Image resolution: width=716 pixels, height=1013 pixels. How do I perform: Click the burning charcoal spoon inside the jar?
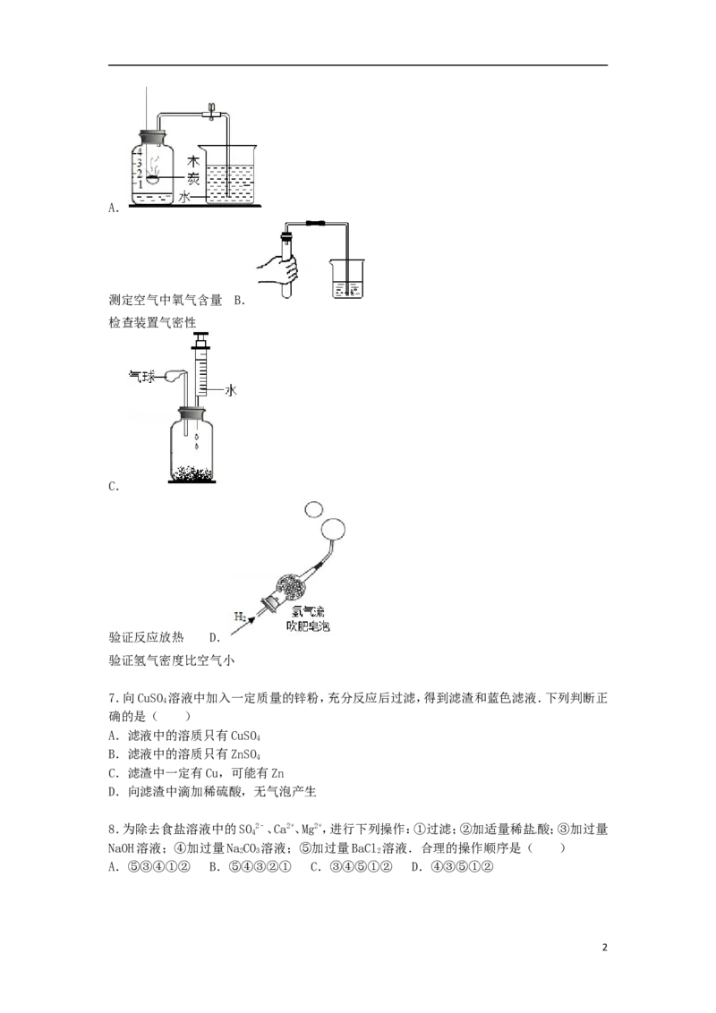152,177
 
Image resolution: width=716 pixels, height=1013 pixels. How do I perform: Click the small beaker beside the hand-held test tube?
347,280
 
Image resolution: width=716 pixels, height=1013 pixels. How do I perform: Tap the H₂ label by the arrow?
240,617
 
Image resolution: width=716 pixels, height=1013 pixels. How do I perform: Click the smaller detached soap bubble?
313,509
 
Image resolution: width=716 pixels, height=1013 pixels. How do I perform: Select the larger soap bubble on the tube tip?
335,530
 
